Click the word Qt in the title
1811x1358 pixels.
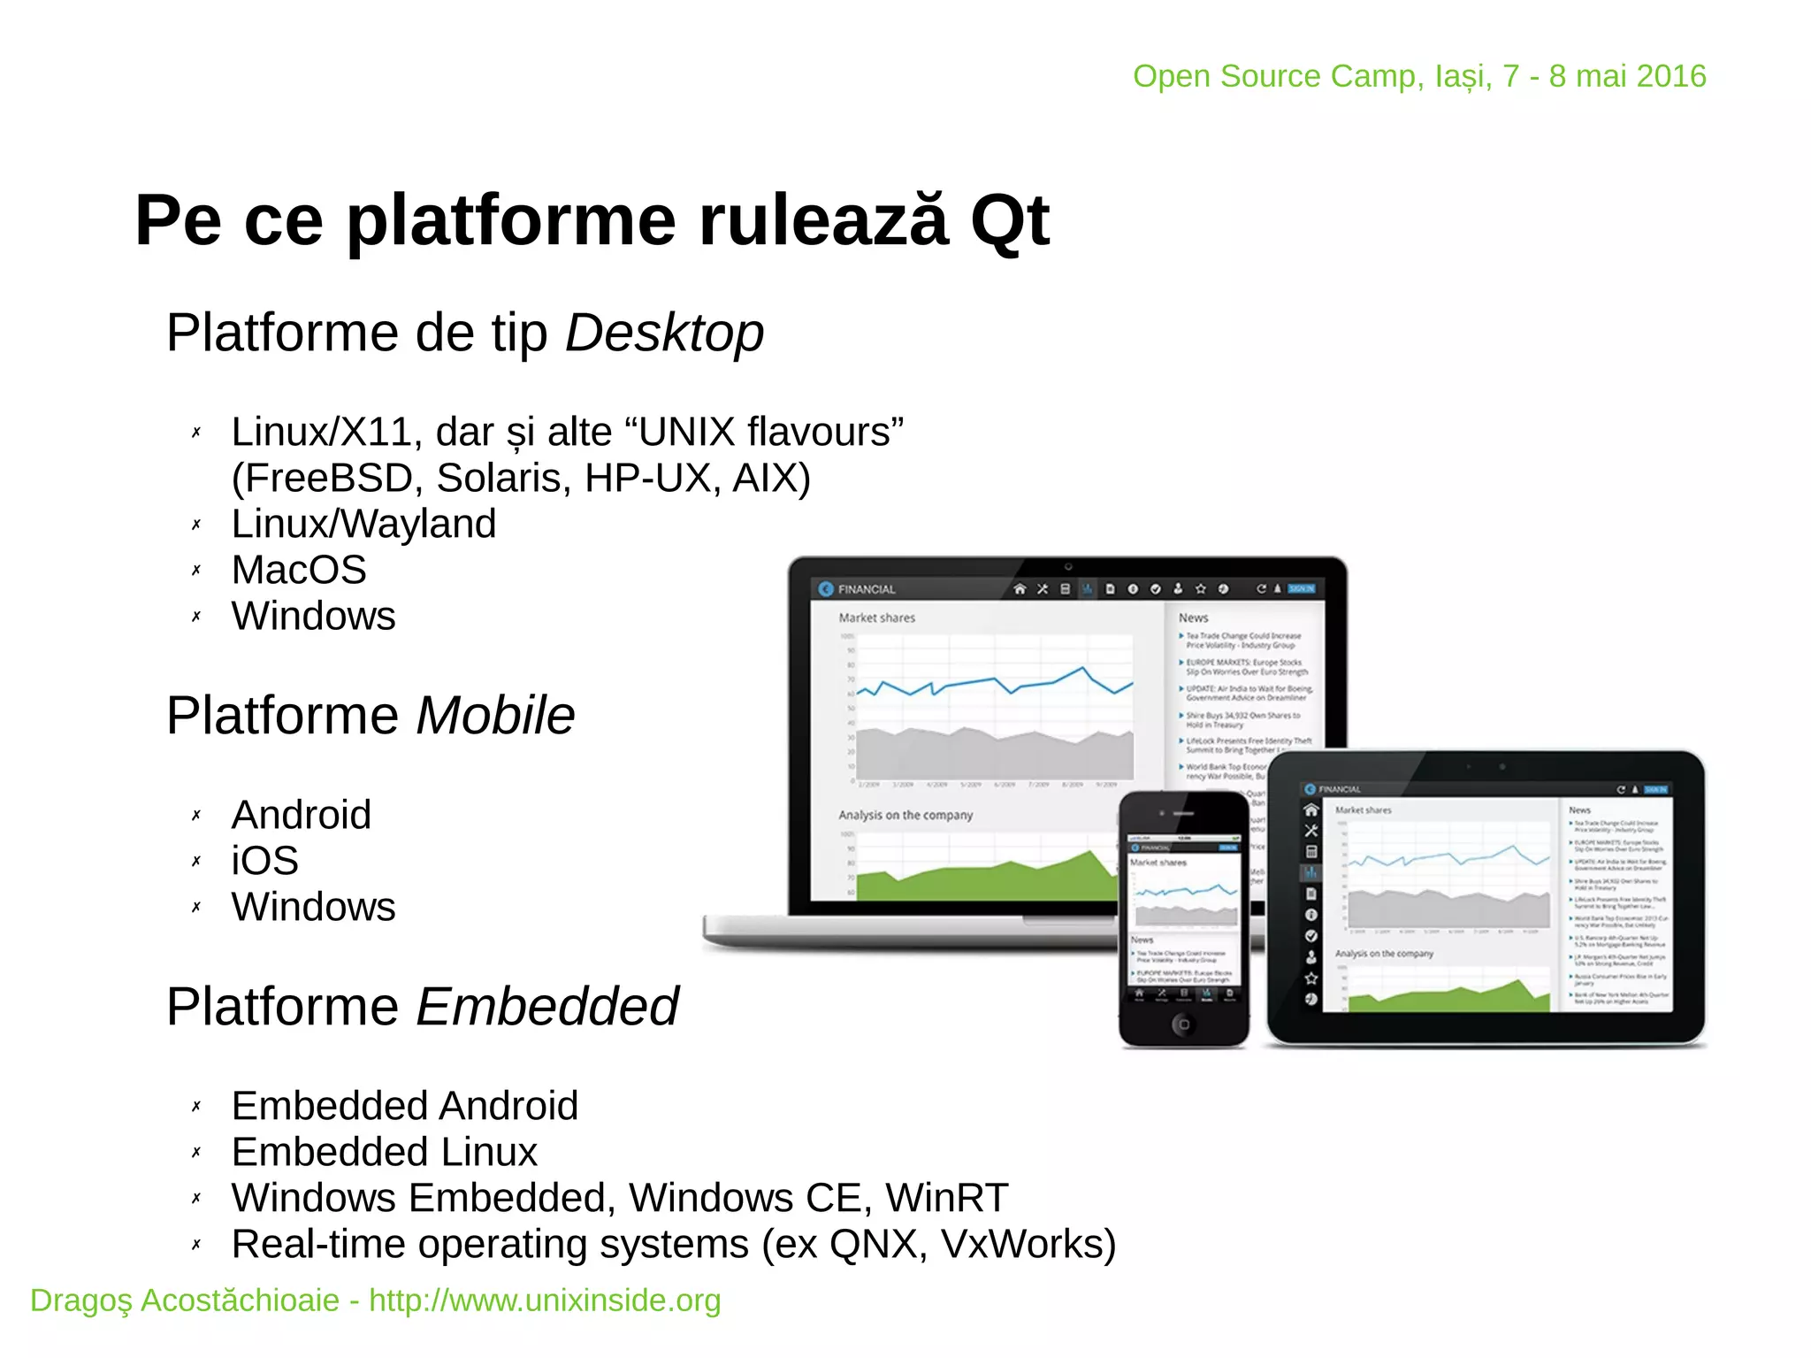[1009, 221]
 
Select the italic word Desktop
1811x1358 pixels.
[664, 334]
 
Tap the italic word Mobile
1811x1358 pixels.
[495, 715]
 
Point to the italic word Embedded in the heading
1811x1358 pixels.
[546, 1007]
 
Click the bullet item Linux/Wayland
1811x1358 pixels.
[363, 524]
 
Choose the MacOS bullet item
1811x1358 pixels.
[299, 570]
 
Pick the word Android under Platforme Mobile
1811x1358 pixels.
[301, 815]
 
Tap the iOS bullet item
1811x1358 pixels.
[264, 861]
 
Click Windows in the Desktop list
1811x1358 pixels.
[313, 616]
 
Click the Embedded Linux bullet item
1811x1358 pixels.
[384, 1152]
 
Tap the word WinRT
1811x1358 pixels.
[946, 1198]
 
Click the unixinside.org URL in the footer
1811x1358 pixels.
[545, 1300]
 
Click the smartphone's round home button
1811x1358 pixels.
[1183, 1024]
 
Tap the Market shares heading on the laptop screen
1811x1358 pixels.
[876, 618]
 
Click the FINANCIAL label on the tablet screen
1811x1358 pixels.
[1339, 789]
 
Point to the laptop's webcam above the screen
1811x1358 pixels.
[1067, 566]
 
